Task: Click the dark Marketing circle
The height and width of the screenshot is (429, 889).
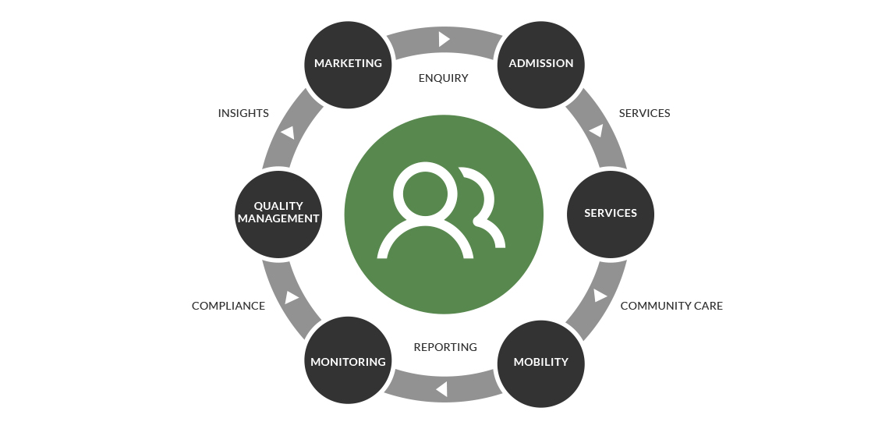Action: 348,63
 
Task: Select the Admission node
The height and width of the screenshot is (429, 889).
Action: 540,63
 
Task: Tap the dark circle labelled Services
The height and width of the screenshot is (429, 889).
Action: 611,213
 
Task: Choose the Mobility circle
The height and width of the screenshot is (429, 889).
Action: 540,362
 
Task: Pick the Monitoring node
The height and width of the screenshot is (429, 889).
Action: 348,362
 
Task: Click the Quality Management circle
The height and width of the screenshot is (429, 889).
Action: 278,213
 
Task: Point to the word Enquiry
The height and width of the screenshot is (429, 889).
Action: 443,78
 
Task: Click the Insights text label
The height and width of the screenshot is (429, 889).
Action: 243,113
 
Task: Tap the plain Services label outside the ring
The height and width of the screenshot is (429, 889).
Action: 644,113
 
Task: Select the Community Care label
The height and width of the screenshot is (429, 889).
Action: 671,306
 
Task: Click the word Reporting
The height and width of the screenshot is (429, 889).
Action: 445,347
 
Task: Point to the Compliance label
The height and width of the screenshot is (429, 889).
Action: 228,306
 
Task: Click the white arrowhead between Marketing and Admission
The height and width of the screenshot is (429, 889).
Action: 444,38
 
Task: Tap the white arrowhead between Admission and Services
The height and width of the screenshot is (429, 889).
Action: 597,130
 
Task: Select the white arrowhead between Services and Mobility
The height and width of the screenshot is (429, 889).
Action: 600,296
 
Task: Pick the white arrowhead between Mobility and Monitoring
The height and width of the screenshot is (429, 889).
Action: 441,388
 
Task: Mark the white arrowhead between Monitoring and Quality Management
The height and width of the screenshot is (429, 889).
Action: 292,297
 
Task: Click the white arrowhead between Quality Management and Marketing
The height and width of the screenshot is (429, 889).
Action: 289,133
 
